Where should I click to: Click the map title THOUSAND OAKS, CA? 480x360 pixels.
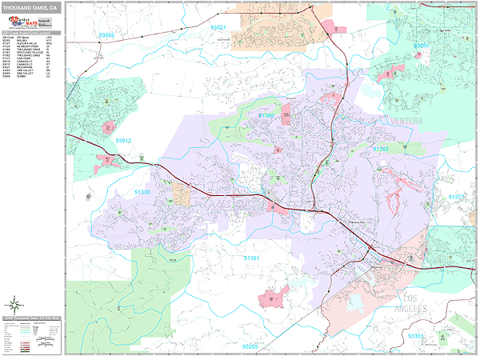pyautogui.click(x=30, y=7)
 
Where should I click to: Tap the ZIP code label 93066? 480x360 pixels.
pyautogui.click(x=106, y=36)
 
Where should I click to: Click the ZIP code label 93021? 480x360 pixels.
pyautogui.click(x=218, y=28)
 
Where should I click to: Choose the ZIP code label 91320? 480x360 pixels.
pyautogui.click(x=142, y=192)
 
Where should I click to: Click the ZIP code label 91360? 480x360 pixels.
pyautogui.click(x=266, y=115)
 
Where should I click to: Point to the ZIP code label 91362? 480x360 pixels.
pyautogui.click(x=381, y=149)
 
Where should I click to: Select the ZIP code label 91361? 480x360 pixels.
pyautogui.click(x=252, y=258)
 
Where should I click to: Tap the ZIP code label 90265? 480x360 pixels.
pyautogui.click(x=250, y=346)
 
